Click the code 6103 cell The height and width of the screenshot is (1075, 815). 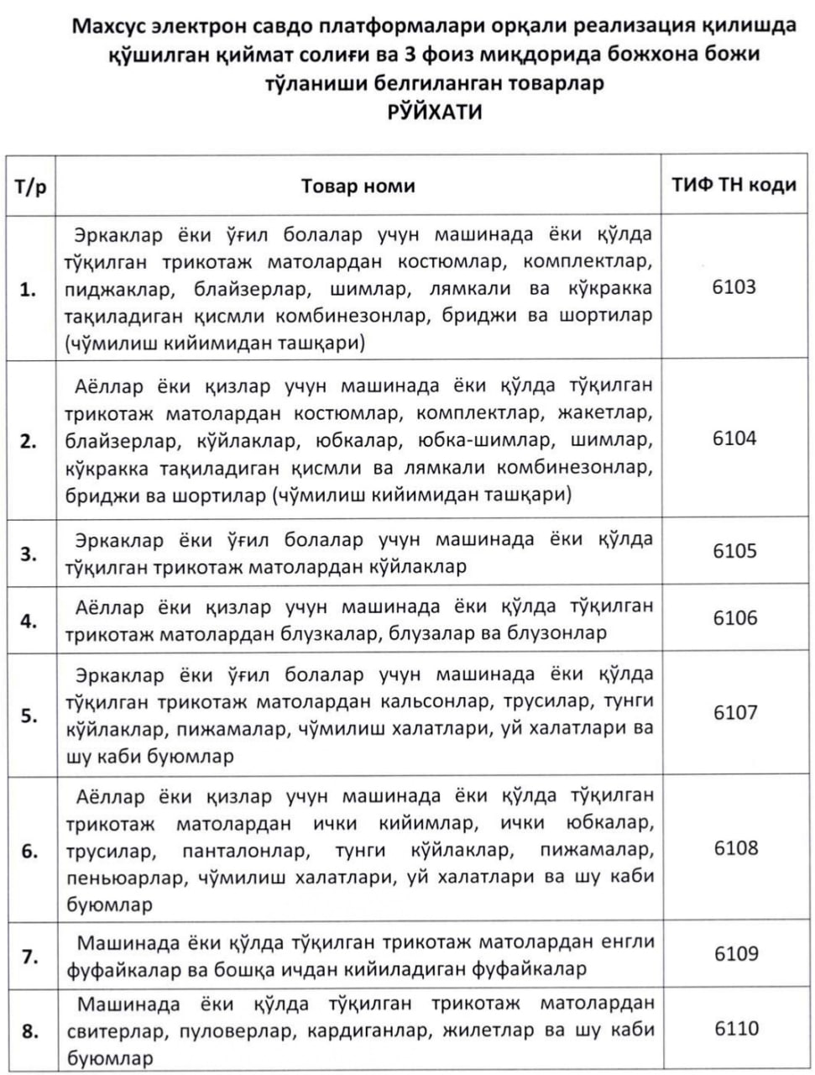[x=734, y=287]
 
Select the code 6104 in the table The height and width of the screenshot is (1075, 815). [x=734, y=438]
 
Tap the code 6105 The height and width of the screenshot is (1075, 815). [x=734, y=551]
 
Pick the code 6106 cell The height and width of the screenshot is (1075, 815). [x=734, y=618]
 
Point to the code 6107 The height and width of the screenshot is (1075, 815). [x=734, y=713]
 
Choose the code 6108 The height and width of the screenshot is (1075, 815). [x=734, y=848]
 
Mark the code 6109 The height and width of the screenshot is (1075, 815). [x=734, y=954]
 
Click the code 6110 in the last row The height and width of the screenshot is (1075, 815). [x=734, y=1029]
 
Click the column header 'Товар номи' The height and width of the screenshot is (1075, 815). [x=358, y=186]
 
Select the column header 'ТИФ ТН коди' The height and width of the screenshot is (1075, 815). [x=734, y=185]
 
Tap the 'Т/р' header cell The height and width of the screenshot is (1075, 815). [x=30, y=186]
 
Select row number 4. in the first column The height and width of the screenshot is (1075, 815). [x=29, y=621]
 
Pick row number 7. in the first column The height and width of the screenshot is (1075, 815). [x=29, y=957]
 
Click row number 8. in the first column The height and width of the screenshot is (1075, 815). [x=29, y=1031]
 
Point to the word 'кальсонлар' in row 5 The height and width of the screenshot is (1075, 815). [x=431, y=700]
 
